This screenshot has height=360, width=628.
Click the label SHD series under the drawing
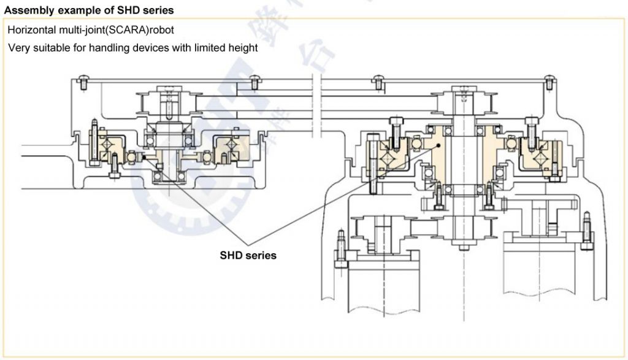click(x=248, y=255)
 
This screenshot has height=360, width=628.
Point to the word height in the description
click(x=243, y=48)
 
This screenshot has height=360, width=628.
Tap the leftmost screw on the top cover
click(x=83, y=78)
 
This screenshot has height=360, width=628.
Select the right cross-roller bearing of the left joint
click(x=231, y=146)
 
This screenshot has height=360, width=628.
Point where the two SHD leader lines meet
click(x=247, y=241)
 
